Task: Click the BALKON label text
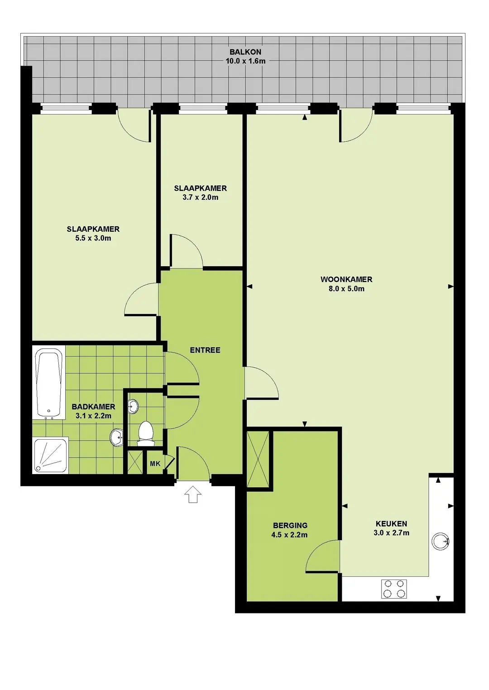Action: click(245, 52)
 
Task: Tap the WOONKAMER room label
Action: click(346, 279)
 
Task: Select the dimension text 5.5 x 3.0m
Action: click(93, 238)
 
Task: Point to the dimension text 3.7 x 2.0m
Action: click(200, 197)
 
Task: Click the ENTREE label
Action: click(205, 350)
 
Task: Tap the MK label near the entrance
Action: click(155, 464)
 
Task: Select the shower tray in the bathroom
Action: click(51, 455)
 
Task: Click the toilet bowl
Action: click(146, 434)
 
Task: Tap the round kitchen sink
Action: click(440, 541)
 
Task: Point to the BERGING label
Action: click(290, 525)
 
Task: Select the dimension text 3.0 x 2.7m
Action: click(391, 532)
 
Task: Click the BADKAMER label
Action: click(93, 407)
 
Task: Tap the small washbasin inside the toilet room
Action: click(133, 407)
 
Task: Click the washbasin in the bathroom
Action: click(117, 437)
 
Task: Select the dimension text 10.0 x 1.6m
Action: click(245, 61)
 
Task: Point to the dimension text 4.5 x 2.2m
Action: click(289, 535)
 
